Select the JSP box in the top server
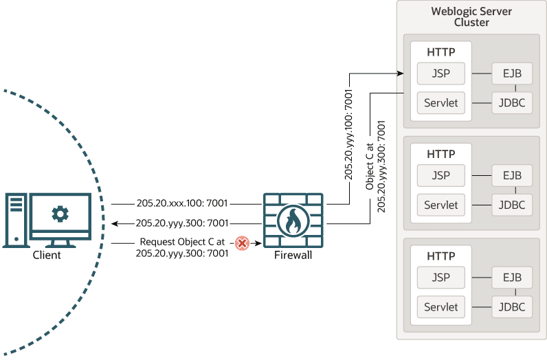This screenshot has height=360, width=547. click(x=440, y=73)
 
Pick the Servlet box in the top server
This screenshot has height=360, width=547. click(x=440, y=102)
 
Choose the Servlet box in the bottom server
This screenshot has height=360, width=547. click(x=440, y=306)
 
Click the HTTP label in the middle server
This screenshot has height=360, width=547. click(x=440, y=154)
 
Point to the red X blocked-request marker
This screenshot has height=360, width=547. click(x=242, y=243)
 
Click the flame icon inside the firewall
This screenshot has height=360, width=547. click(x=292, y=222)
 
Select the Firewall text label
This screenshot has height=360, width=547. click(x=293, y=256)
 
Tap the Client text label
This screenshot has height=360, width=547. click(x=47, y=255)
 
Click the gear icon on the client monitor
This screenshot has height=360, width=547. click(x=60, y=214)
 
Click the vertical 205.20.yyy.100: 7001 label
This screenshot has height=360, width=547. click(x=349, y=135)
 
